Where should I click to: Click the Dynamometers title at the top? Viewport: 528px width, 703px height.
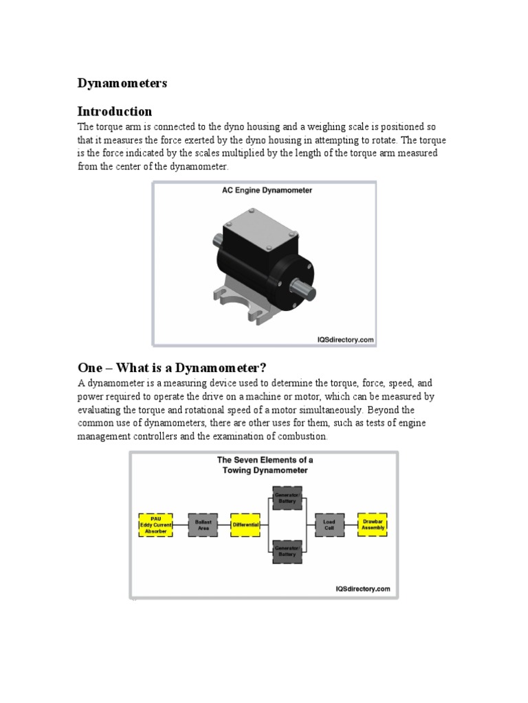[122, 83]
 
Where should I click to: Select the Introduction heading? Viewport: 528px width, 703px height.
[114, 111]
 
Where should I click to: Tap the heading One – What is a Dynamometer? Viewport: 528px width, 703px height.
[171, 367]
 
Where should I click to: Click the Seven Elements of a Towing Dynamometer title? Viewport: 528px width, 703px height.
[263, 465]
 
